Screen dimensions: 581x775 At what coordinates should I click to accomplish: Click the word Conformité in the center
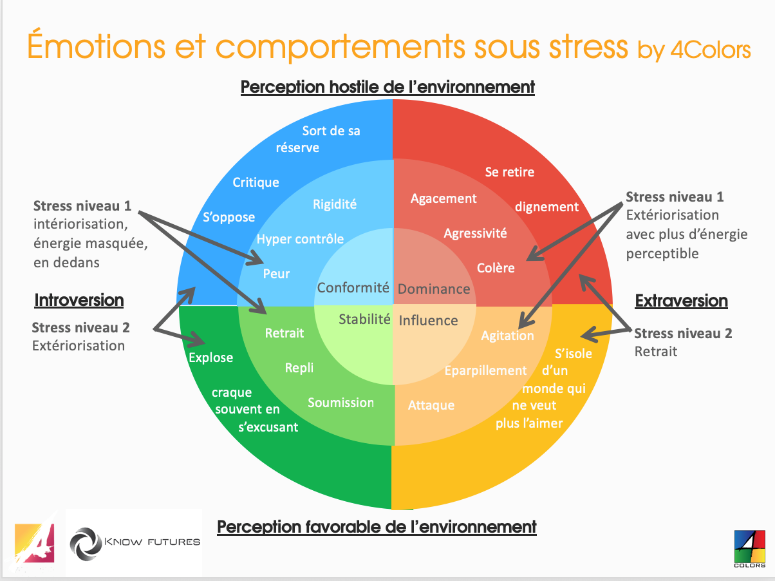(353, 288)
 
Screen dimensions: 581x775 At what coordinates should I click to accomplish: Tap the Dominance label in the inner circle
(434, 289)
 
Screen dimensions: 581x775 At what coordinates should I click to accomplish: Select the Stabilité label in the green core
(364, 318)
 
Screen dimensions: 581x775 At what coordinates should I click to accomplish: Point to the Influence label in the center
(428, 320)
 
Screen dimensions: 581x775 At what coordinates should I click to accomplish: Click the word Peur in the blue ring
(276, 274)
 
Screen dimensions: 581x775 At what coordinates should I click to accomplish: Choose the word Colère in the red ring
(496, 267)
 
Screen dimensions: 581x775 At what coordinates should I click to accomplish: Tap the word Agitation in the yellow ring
(507, 336)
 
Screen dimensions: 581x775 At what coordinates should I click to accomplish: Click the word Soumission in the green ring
(341, 403)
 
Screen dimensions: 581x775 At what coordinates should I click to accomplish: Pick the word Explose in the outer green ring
(210, 357)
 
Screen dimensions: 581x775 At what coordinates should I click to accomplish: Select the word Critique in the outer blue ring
(256, 182)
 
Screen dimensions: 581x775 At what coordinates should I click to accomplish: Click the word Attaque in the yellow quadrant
(431, 405)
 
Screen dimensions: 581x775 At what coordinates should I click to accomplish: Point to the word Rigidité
(335, 204)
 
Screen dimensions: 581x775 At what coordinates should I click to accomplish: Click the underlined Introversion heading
(79, 300)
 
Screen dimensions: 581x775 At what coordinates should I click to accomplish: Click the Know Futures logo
(135, 541)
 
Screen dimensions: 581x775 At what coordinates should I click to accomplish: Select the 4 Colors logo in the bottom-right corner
(749, 548)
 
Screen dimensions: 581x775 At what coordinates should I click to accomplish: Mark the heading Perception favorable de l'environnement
(377, 526)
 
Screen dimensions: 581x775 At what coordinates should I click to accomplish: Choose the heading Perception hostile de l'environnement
(387, 86)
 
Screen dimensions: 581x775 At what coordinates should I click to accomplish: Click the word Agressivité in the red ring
(475, 233)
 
